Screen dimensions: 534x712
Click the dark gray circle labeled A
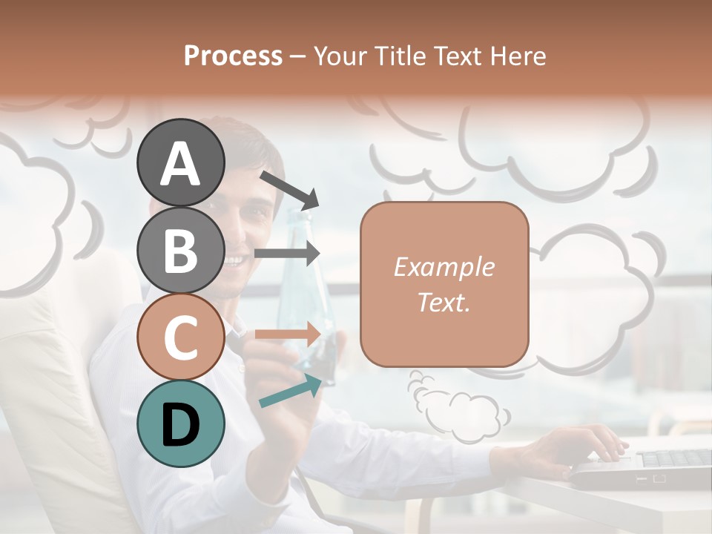pos(180,163)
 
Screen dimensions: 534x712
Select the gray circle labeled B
pos(180,250)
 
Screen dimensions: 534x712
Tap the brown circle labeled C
pos(180,337)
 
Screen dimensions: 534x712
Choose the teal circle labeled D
pos(180,423)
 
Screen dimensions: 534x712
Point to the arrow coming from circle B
pos(287,254)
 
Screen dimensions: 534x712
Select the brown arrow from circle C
pos(287,334)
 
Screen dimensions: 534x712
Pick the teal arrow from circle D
pos(291,391)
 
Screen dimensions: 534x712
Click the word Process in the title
pos(233,56)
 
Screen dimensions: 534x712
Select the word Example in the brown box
pos(444,267)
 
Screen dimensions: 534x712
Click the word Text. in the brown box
pos(444,303)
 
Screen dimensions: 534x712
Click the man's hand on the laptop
pos(586,445)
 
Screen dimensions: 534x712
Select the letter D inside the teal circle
pos(180,424)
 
